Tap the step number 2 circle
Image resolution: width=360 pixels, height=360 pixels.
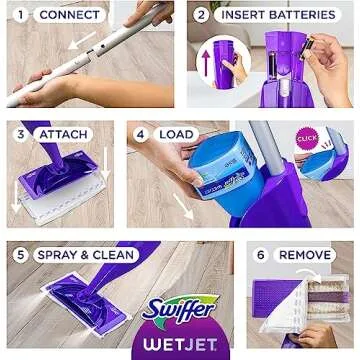click(203, 15)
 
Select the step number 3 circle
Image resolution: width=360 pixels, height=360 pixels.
click(20, 134)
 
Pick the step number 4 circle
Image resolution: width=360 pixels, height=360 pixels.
click(141, 134)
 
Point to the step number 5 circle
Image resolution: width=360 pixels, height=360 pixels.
click(20, 254)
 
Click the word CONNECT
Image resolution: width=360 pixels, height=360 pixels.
click(69, 15)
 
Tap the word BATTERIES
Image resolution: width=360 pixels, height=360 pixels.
click(302, 15)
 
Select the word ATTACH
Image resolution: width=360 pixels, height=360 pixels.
click(63, 134)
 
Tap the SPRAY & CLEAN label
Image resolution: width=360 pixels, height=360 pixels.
click(84, 254)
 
